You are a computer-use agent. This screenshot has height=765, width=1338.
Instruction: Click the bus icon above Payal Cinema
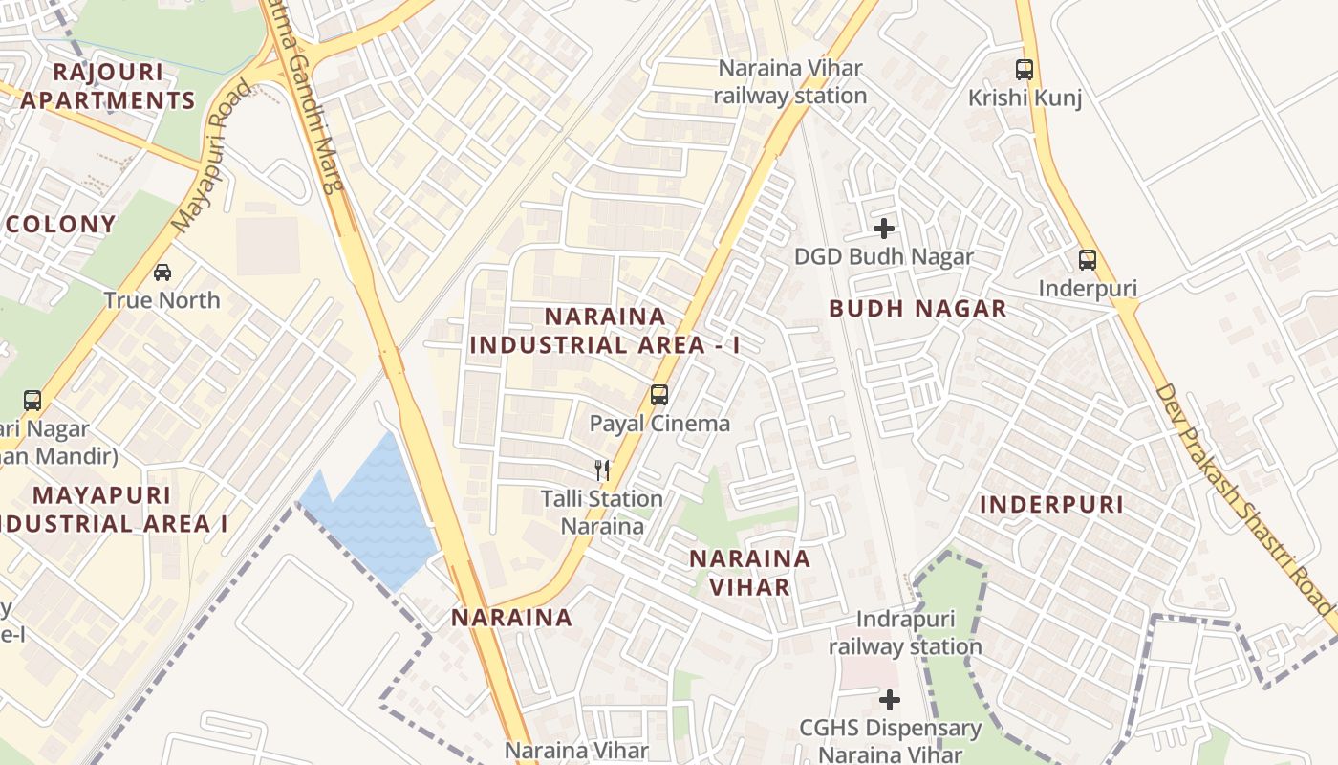[658, 395]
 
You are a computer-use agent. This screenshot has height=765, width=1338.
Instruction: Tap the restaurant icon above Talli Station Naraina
[602, 470]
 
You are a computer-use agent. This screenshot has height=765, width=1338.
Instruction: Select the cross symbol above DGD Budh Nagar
[884, 229]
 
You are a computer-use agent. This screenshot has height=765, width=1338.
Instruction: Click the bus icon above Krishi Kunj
[1025, 70]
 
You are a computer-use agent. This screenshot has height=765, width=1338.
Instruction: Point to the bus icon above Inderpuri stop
[1087, 260]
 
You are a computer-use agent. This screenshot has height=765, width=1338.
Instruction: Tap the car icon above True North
[162, 273]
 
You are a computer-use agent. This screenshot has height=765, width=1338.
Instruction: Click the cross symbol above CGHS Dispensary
[890, 700]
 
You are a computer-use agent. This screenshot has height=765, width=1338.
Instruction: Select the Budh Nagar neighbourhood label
[917, 309]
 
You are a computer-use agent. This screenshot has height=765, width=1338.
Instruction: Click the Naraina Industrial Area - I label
[604, 331]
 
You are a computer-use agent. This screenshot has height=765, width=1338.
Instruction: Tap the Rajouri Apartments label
[108, 86]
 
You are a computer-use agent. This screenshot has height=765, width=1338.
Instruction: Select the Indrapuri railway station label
[904, 633]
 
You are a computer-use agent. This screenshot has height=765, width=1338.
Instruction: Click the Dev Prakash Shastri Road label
[1242, 497]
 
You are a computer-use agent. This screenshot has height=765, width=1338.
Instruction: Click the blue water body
[373, 516]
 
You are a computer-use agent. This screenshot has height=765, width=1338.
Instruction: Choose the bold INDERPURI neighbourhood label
[1051, 505]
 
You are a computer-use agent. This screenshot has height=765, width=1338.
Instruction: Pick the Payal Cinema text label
[659, 424]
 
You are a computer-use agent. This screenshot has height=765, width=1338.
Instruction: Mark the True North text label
[162, 300]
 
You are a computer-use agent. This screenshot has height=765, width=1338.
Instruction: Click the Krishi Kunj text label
[1025, 98]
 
